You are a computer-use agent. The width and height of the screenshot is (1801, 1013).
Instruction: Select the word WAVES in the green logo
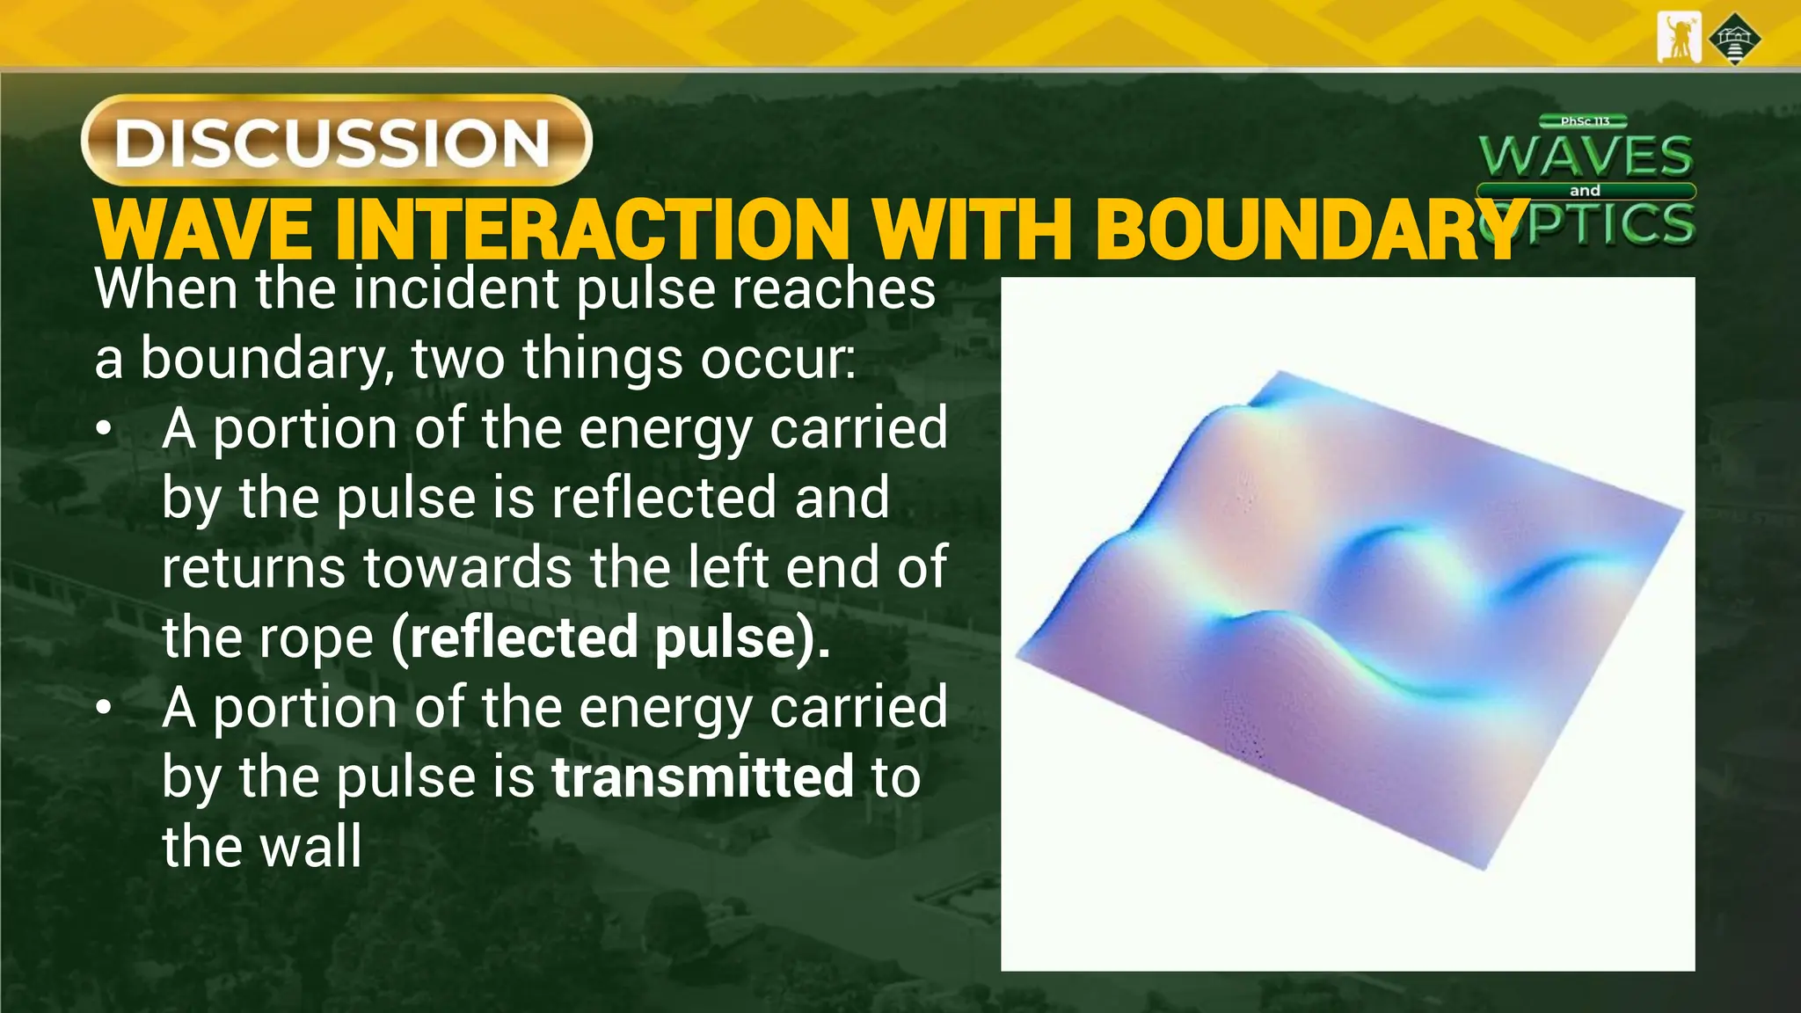point(1586,157)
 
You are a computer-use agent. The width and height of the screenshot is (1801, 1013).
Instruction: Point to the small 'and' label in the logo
point(1585,191)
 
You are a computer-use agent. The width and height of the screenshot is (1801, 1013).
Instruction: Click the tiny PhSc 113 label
point(1585,121)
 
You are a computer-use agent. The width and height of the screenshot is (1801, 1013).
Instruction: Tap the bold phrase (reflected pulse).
point(610,638)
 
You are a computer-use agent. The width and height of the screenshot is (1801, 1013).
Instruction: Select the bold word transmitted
point(703,776)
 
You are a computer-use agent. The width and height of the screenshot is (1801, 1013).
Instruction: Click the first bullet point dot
point(105,429)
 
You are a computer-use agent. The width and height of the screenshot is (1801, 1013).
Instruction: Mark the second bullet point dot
point(105,707)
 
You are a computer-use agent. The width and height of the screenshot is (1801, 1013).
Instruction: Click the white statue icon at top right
point(1678,38)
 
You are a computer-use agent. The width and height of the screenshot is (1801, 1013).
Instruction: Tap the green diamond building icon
point(1734,39)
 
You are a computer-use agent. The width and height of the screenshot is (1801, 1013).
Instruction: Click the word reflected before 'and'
point(665,498)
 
